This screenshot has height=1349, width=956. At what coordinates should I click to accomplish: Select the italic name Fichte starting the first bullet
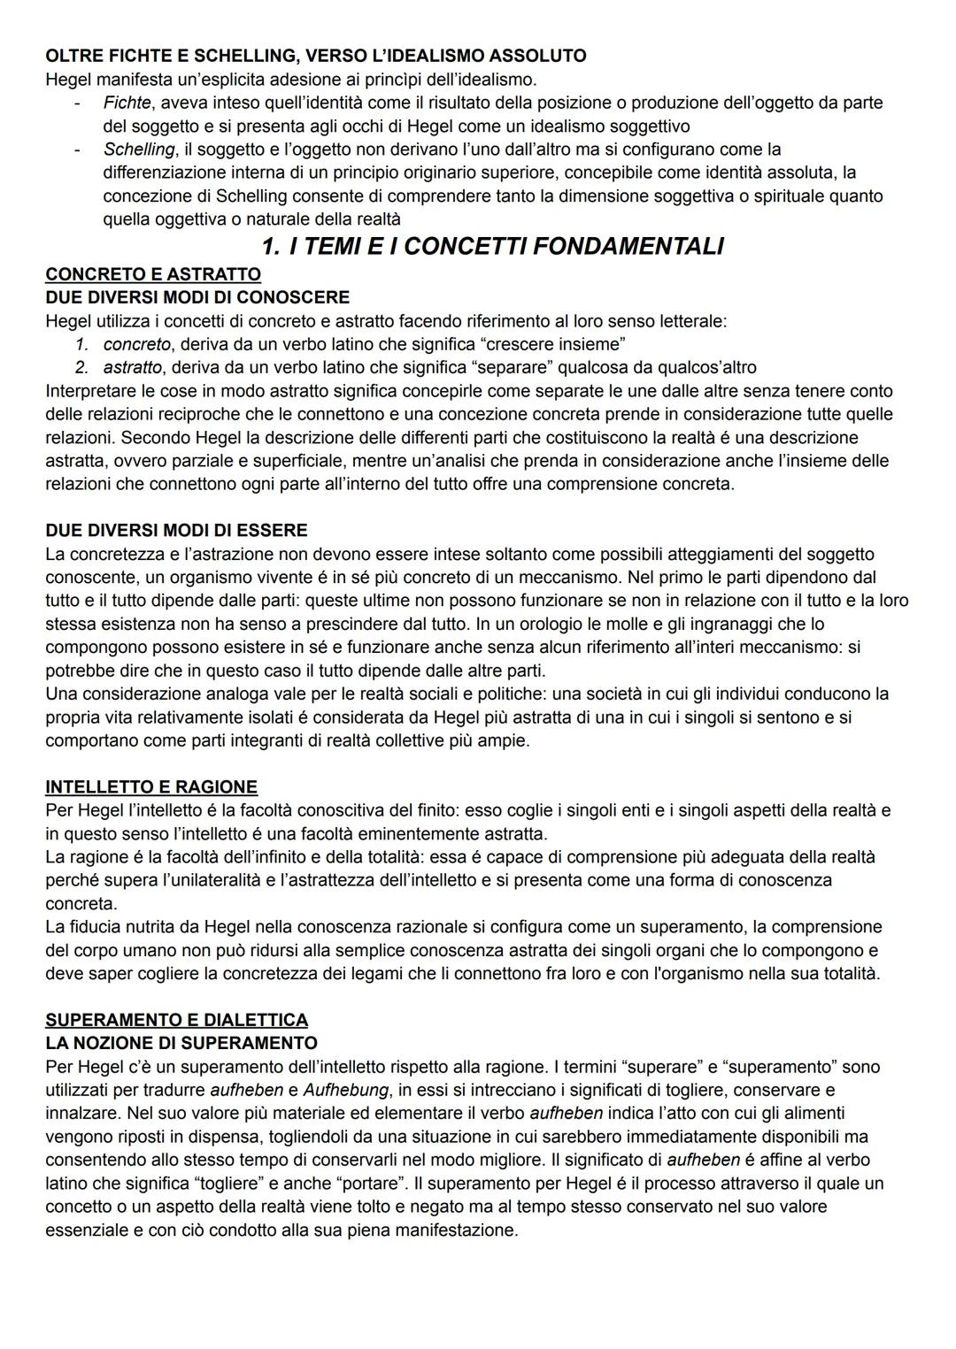point(127,103)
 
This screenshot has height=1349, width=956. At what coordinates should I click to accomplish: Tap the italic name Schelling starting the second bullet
point(139,149)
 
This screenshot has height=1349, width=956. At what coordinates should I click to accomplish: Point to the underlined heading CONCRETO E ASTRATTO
point(152,274)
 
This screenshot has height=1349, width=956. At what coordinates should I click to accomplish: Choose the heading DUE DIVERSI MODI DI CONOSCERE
point(197,297)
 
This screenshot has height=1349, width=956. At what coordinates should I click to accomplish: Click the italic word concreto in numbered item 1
point(136,344)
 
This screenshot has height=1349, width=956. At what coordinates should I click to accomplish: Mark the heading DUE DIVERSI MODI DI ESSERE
point(176,531)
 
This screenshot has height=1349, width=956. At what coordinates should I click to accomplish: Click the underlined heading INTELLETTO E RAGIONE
point(151,787)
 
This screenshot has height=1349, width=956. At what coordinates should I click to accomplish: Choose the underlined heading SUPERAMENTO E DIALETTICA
point(176,1020)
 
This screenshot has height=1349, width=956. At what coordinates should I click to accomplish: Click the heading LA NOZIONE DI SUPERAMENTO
point(181,1043)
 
